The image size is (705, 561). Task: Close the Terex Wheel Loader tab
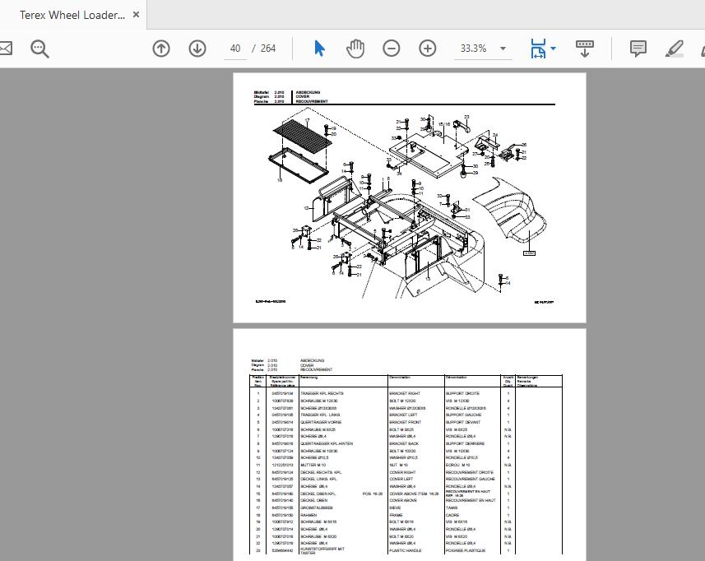click(137, 15)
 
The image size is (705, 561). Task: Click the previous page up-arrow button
click(161, 49)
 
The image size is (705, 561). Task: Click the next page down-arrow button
click(197, 49)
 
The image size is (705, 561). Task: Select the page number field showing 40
click(235, 49)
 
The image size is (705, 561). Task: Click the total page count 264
click(268, 49)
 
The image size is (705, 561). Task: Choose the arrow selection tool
click(319, 49)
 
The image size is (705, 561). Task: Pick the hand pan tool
click(355, 49)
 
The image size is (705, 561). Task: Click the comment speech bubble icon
click(638, 49)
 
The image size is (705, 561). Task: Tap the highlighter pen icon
click(675, 49)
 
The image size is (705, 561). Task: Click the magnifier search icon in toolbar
click(39, 49)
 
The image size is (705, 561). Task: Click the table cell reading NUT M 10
click(399, 466)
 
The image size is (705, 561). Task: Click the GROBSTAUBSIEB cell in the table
click(317, 508)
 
